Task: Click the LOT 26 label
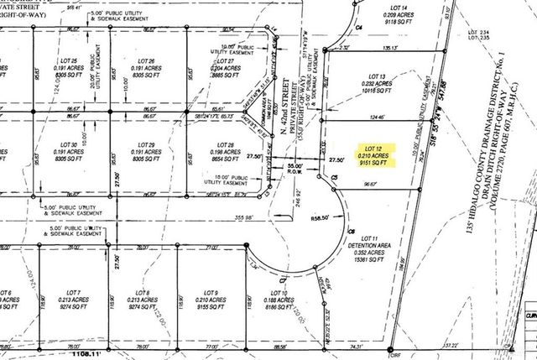[147, 62]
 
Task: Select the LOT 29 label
[147, 144]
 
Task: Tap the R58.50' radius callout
[321, 216]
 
